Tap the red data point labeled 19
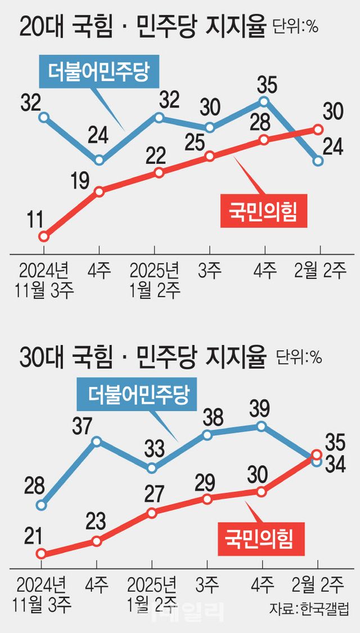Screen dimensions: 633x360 pyautogui.click(x=100, y=191)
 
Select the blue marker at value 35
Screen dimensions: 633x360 pyautogui.click(x=264, y=102)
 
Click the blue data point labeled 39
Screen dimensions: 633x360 pyautogui.click(x=262, y=427)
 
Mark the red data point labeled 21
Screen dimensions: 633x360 pyautogui.click(x=41, y=554)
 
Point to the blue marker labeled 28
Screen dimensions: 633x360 pyautogui.click(x=41, y=505)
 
